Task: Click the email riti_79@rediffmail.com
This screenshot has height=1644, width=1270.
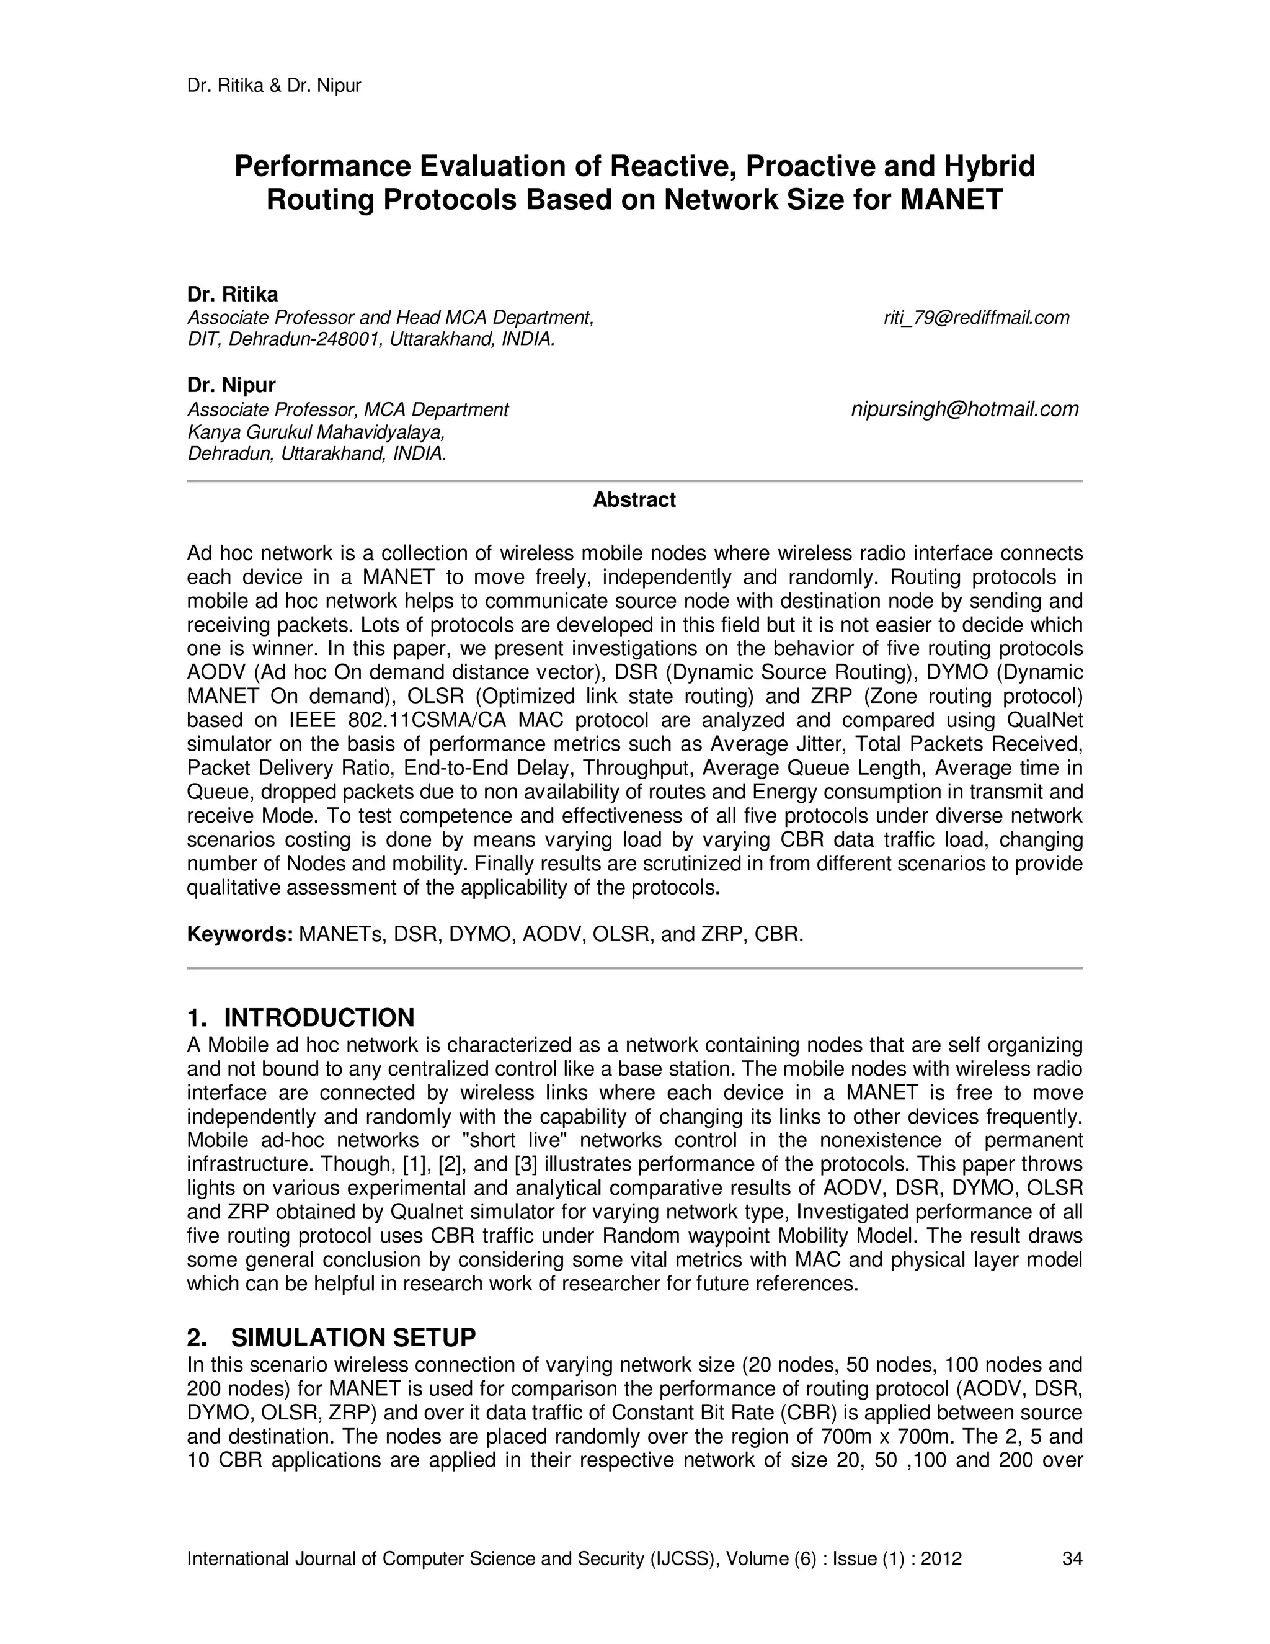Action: (976, 318)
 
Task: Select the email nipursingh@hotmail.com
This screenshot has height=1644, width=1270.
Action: (964, 409)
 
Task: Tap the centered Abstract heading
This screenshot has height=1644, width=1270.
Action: (634, 500)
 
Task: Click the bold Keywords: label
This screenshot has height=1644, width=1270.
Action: (239, 935)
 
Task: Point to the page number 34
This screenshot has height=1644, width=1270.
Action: (1072, 1559)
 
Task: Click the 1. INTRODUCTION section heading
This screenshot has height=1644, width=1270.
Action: (300, 1017)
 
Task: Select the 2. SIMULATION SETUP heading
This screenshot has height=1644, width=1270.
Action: (331, 1338)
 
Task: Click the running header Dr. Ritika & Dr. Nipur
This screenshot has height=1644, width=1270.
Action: (274, 86)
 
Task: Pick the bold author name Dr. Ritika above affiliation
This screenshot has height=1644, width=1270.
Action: (233, 294)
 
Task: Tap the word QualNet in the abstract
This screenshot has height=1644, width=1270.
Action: (1044, 720)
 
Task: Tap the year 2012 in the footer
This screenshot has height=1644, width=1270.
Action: (941, 1559)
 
